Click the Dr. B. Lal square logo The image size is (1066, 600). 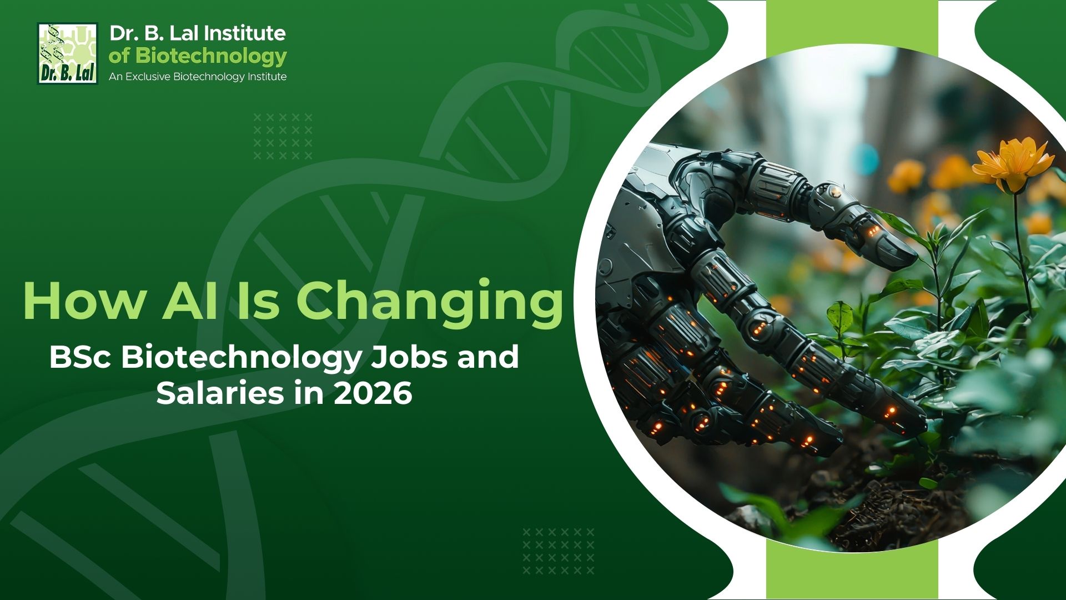click(67, 53)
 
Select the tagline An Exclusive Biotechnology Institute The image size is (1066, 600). click(198, 77)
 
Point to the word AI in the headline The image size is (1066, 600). click(189, 301)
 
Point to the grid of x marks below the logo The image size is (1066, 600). click(283, 137)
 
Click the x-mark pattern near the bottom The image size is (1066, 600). click(558, 551)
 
